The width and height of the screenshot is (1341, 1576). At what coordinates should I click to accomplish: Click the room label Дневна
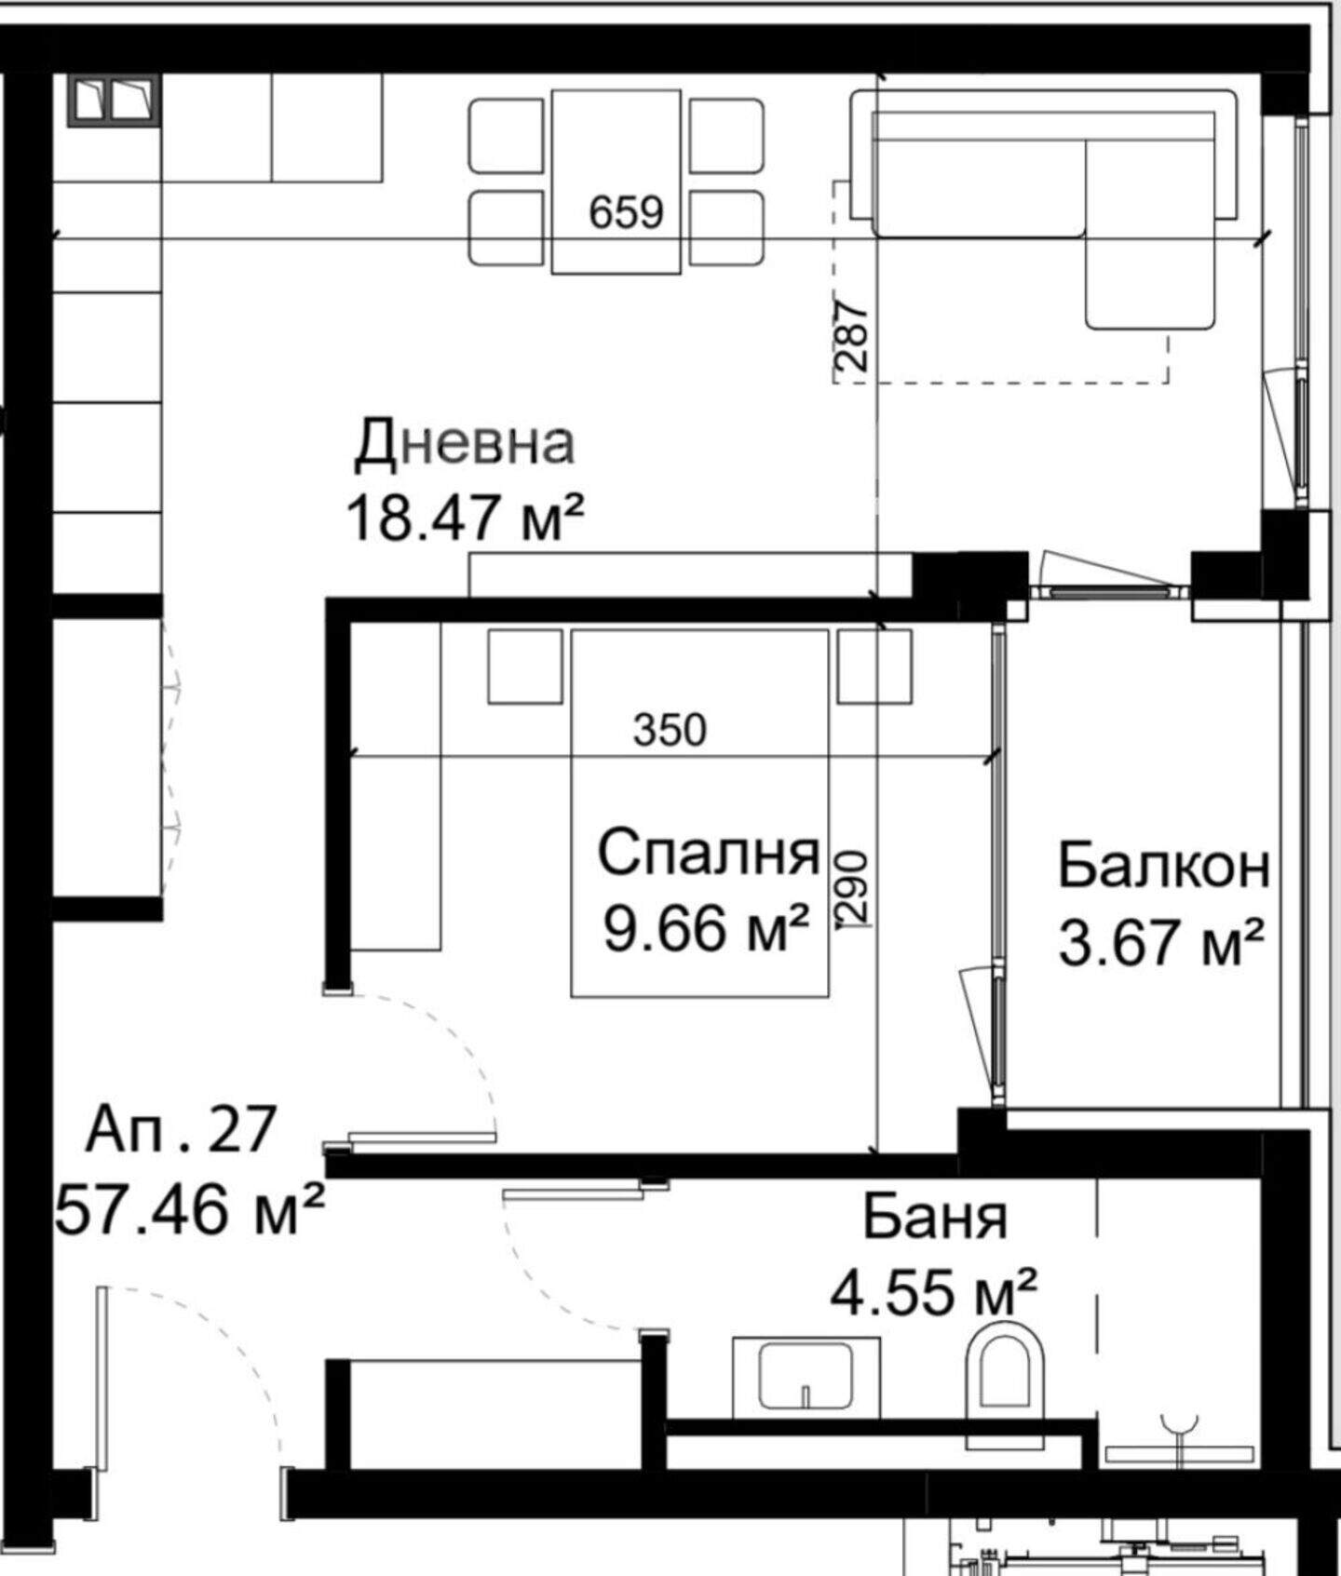click(465, 443)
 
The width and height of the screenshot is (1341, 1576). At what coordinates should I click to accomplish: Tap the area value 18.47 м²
click(465, 518)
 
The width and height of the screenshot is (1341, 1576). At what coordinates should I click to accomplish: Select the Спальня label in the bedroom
click(708, 853)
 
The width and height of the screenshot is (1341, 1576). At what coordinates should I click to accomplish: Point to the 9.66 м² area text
click(705, 928)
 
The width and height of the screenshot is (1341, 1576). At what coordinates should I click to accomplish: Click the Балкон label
click(1163, 865)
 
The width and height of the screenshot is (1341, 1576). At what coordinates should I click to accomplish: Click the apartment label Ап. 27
click(181, 1129)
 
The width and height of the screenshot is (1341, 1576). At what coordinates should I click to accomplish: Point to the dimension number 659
click(626, 212)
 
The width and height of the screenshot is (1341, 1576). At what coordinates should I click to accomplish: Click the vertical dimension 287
click(852, 334)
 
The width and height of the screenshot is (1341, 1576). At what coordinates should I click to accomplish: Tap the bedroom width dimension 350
click(670, 730)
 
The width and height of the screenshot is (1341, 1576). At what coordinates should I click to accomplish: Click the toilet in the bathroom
click(1002, 1391)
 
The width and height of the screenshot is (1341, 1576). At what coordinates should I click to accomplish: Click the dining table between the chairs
click(616, 182)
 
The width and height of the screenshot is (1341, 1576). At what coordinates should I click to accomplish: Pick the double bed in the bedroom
click(699, 813)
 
